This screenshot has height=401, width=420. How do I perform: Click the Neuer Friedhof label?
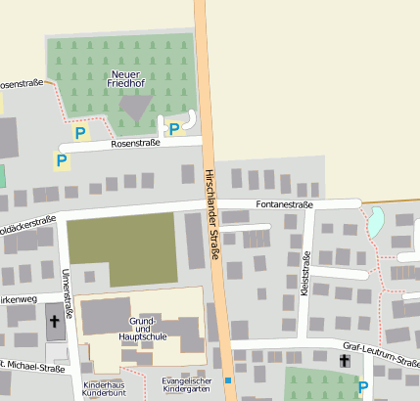click(125, 80)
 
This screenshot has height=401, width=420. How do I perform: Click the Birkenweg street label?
click(19, 299)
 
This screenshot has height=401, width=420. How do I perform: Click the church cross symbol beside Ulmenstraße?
click(54, 321)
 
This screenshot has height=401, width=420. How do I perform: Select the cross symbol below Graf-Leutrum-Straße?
click(344, 361)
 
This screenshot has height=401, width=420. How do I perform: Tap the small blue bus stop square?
click(227, 379)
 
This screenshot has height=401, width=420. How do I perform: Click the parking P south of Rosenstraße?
click(62, 159)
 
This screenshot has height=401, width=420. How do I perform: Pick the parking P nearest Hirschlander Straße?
click(174, 128)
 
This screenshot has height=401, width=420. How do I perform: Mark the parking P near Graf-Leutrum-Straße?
click(363, 387)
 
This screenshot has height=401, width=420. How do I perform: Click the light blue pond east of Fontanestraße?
click(375, 223)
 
